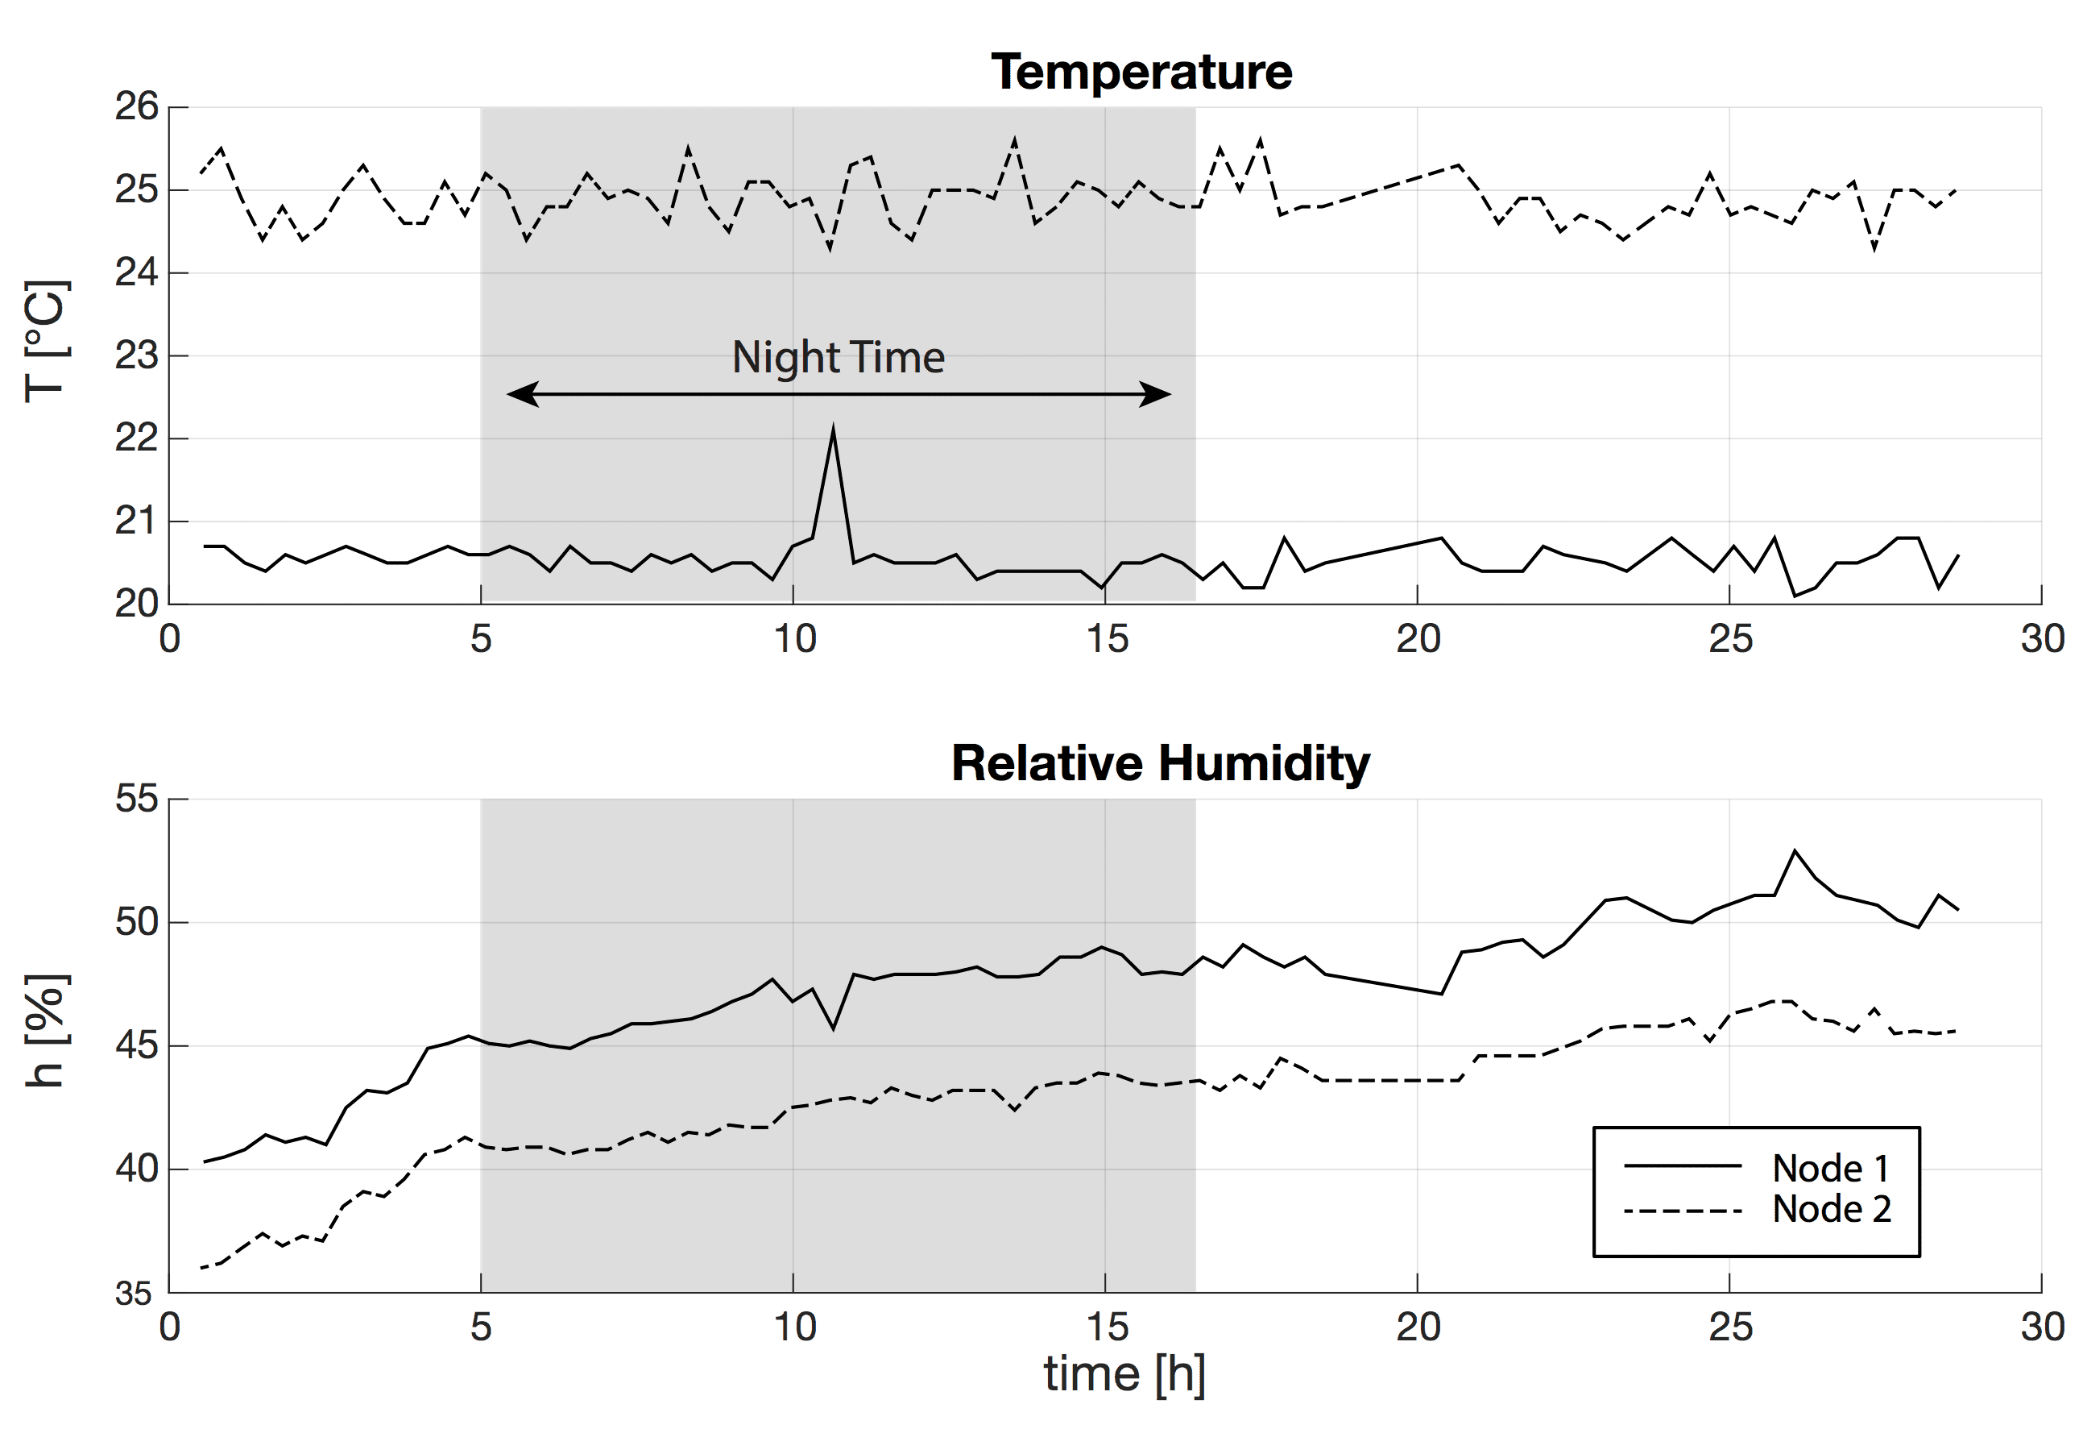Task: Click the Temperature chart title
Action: [1141, 72]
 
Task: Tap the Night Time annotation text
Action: [839, 357]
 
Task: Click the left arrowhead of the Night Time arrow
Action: [524, 394]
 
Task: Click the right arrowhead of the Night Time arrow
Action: [1155, 394]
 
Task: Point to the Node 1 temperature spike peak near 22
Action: [833, 430]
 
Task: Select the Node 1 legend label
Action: [1831, 1168]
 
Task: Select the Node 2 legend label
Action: [1831, 1209]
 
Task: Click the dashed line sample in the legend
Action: [1682, 1211]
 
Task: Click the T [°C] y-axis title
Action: [45, 343]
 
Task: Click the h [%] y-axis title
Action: [45, 1031]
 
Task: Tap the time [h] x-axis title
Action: [1124, 1373]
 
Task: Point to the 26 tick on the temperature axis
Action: [137, 107]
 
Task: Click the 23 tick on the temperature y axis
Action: [137, 355]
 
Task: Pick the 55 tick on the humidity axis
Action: [137, 800]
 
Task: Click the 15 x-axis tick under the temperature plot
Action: [1106, 640]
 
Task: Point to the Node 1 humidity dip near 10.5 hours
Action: [834, 1028]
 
